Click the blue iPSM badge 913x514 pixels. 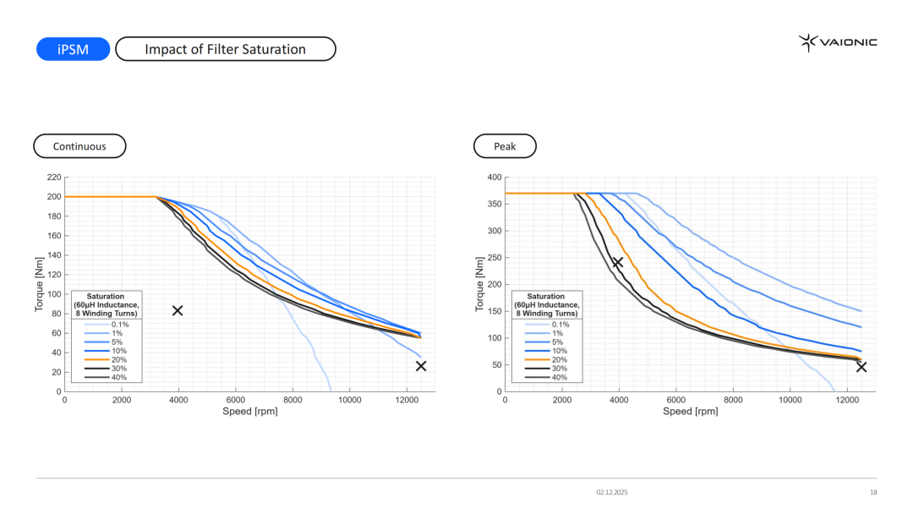coord(74,49)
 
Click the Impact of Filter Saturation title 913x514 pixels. coord(225,49)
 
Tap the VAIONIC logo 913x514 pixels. coord(838,42)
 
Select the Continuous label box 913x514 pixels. coord(79,146)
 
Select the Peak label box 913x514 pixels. coord(505,146)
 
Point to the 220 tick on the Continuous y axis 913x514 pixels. coord(54,178)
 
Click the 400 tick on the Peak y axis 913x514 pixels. coord(495,178)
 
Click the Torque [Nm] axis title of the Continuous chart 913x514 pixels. coord(39,284)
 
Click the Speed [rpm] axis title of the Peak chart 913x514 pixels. coord(690,412)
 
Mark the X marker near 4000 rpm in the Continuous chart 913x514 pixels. coord(178,310)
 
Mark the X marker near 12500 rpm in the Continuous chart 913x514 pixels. coord(421,366)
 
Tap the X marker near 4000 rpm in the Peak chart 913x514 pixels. coord(618,263)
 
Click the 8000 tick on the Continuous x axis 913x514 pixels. coord(292,401)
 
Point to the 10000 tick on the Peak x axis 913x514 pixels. coord(790,401)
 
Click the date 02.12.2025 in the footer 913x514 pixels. coord(612,492)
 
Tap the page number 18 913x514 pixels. coord(873,492)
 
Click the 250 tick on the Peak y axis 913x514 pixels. coord(495,258)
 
